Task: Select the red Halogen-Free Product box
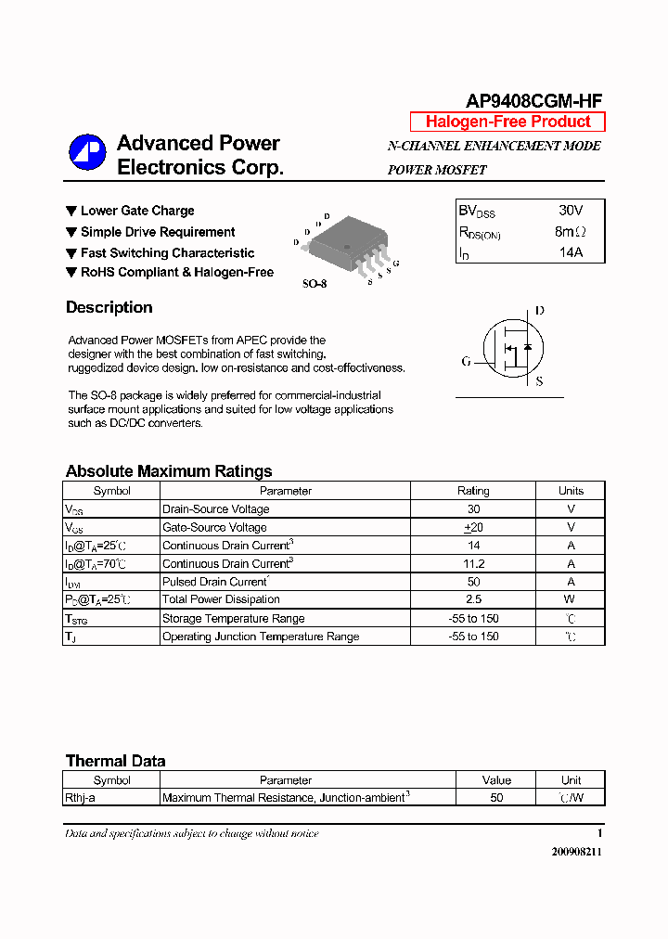click(x=507, y=122)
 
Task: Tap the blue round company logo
click(x=87, y=153)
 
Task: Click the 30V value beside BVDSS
click(x=571, y=211)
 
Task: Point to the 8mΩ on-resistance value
click(x=570, y=232)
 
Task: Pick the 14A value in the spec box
click(x=570, y=252)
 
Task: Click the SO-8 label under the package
click(x=315, y=284)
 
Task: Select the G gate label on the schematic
click(x=466, y=361)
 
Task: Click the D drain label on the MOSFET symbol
click(x=540, y=311)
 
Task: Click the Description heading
click(x=109, y=307)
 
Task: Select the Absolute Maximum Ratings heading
click(x=169, y=470)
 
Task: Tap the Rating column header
click(x=473, y=491)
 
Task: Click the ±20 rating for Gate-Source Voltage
click(x=473, y=527)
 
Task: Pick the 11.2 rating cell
click(x=473, y=563)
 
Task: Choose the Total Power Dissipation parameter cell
click(x=221, y=599)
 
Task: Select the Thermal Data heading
click(x=115, y=761)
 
